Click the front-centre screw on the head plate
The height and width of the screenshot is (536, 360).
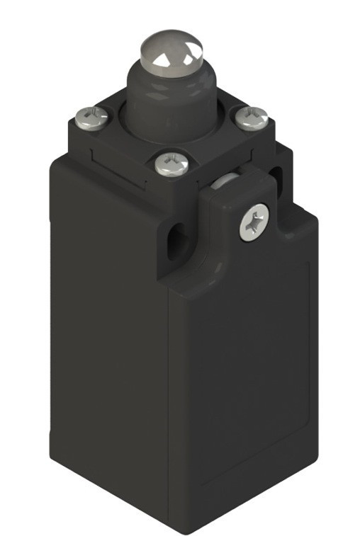pyautogui.click(x=171, y=164)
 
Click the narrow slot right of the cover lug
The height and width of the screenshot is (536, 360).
pyautogui.click(x=279, y=171)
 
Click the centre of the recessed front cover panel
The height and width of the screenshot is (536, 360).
pyautogui.click(x=241, y=382)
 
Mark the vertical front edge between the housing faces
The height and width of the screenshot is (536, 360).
pyautogui.click(x=171, y=397)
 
